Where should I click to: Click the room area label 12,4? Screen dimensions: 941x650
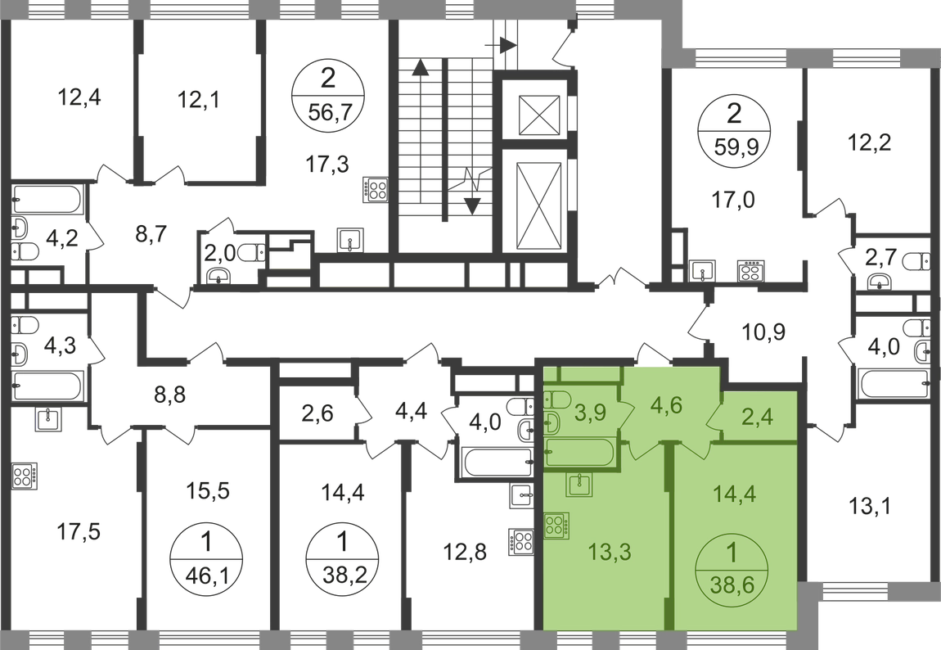pos(79,97)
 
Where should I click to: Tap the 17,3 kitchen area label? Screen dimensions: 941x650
pos(327,163)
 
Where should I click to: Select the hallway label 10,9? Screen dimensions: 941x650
pos(763,331)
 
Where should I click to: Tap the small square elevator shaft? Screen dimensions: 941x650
pos(538,115)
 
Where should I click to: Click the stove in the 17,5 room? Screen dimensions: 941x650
pos(24,476)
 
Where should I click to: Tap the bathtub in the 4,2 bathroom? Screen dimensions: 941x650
pos(48,200)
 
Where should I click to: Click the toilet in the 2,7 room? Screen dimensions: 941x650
pos(917,262)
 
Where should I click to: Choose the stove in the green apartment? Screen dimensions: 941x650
pos(557,526)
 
